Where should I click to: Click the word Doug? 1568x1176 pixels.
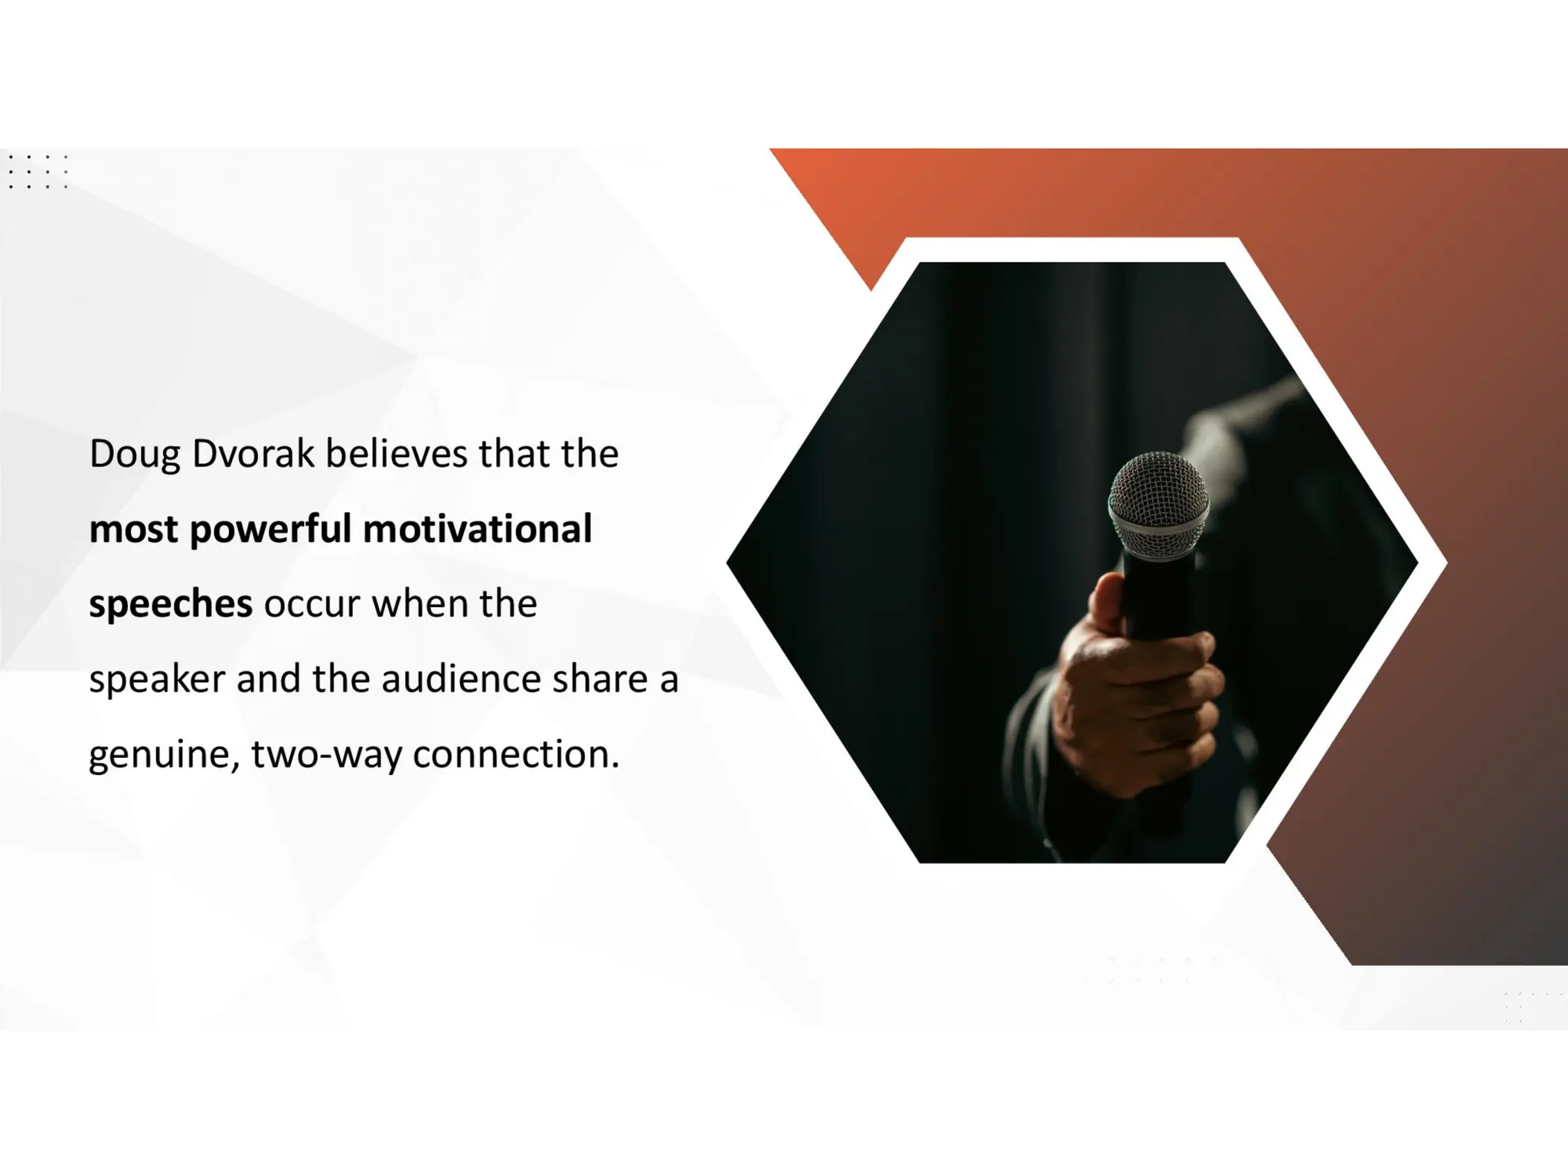(x=135, y=455)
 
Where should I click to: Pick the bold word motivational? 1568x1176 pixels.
(x=477, y=528)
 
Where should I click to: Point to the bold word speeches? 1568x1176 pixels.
(x=170, y=605)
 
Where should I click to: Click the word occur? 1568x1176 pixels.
(x=312, y=604)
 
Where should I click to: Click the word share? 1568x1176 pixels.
(x=599, y=679)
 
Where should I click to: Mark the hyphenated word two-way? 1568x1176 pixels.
(x=326, y=755)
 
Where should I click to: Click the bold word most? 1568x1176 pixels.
(x=133, y=530)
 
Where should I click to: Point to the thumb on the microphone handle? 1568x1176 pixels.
(x=1109, y=605)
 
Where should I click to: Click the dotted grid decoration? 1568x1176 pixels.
(x=38, y=171)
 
